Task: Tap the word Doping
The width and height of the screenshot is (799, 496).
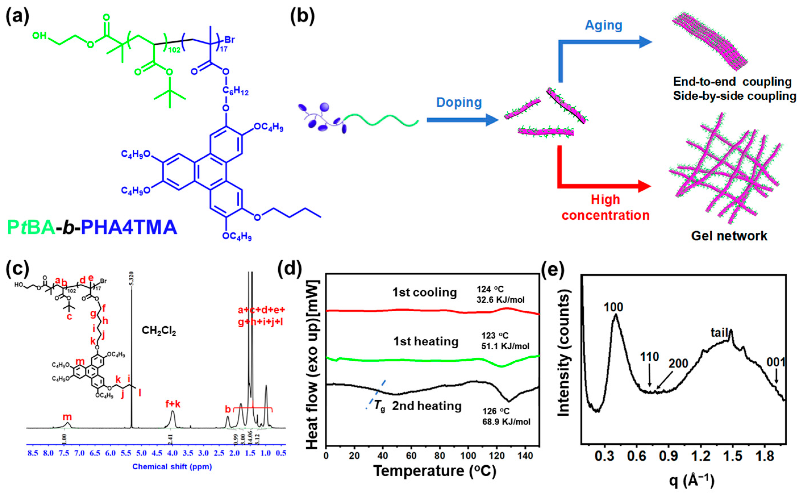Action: (459, 102)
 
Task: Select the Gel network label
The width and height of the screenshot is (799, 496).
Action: (729, 236)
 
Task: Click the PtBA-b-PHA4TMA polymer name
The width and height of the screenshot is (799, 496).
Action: (92, 227)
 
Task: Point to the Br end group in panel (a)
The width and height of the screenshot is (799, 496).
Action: (229, 40)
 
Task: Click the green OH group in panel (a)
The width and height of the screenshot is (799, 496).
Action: (39, 35)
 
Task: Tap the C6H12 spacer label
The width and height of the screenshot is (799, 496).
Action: (235, 90)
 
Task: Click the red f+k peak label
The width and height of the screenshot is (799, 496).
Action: (173, 404)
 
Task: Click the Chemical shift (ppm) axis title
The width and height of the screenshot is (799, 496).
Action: (172, 466)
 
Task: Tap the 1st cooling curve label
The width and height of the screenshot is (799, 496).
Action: (424, 292)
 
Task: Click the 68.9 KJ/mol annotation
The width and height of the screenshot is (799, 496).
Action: (506, 422)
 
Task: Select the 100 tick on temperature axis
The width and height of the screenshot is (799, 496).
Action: (468, 456)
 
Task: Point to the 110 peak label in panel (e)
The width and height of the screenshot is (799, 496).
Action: (649, 357)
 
